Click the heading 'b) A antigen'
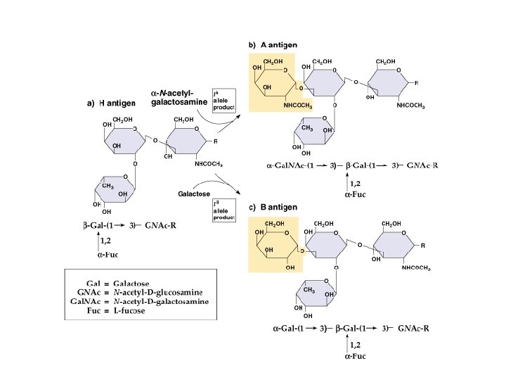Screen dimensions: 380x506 coord(273,44)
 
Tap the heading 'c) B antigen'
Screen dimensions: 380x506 coord(273,207)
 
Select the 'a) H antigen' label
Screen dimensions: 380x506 coord(111,103)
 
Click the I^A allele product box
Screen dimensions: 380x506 coord(224,100)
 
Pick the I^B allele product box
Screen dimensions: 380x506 coord(224,209)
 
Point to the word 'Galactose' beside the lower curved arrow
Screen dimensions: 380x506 coord(192,192)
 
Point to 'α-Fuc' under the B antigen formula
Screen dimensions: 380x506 coord(354,356)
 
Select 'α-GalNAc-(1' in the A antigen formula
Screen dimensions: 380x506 coord(290,166)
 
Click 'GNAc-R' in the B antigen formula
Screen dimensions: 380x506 coord(414,329)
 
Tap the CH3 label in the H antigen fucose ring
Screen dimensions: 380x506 coord(108,186)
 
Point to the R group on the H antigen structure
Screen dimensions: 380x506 coord(215,141)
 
